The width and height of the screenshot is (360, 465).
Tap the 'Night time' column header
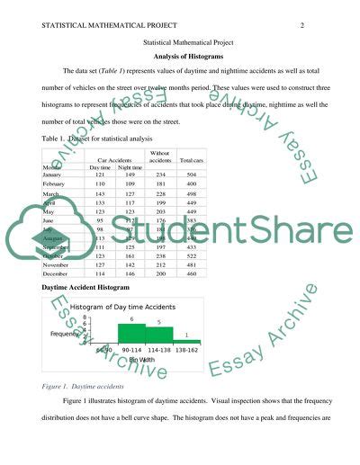[x=130, y=166]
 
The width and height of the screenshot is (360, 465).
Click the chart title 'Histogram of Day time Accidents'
[x=122, y=308]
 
